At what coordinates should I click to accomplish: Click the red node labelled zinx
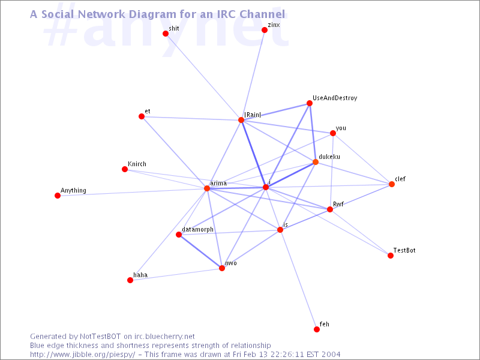[265, 30]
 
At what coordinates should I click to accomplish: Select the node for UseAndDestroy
[310, 103]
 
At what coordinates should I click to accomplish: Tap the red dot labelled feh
[317, 329]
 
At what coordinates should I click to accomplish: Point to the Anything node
[58, 196]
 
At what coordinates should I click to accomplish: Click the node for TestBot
[391, 256]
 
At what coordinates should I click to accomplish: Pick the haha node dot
[130, 280]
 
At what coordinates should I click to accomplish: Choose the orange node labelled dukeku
[316, 162]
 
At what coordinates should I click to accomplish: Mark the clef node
[392, 184]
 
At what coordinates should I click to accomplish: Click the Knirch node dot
[125, 169]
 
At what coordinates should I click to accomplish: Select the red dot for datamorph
[179, 235]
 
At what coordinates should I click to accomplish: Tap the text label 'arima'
[218, 184]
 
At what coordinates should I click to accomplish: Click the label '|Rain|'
[253, 115]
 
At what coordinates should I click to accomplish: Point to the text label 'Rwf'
[338, 204]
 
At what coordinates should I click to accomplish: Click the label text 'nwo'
[231, 263]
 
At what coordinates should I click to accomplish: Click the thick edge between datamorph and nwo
[200, 251]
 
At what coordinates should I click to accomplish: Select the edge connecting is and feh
[298, 280]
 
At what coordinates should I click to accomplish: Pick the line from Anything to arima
[132, 192]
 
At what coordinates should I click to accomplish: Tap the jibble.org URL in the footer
[83, 355]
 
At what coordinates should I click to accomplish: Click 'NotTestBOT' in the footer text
[100, 337]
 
